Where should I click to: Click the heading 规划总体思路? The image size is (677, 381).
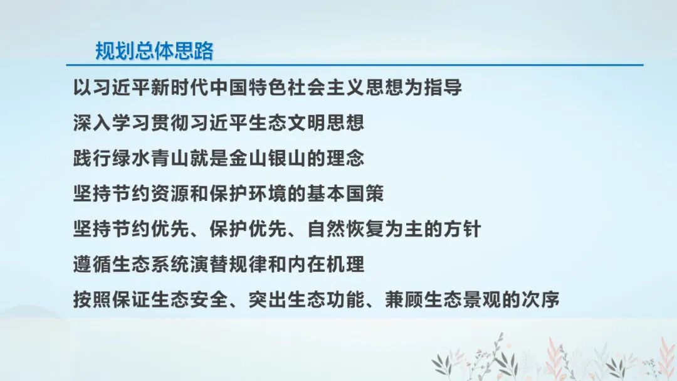154,50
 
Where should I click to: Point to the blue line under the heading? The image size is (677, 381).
355,65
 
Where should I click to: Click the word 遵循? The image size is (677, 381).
92,265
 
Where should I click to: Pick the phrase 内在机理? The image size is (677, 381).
325,265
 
